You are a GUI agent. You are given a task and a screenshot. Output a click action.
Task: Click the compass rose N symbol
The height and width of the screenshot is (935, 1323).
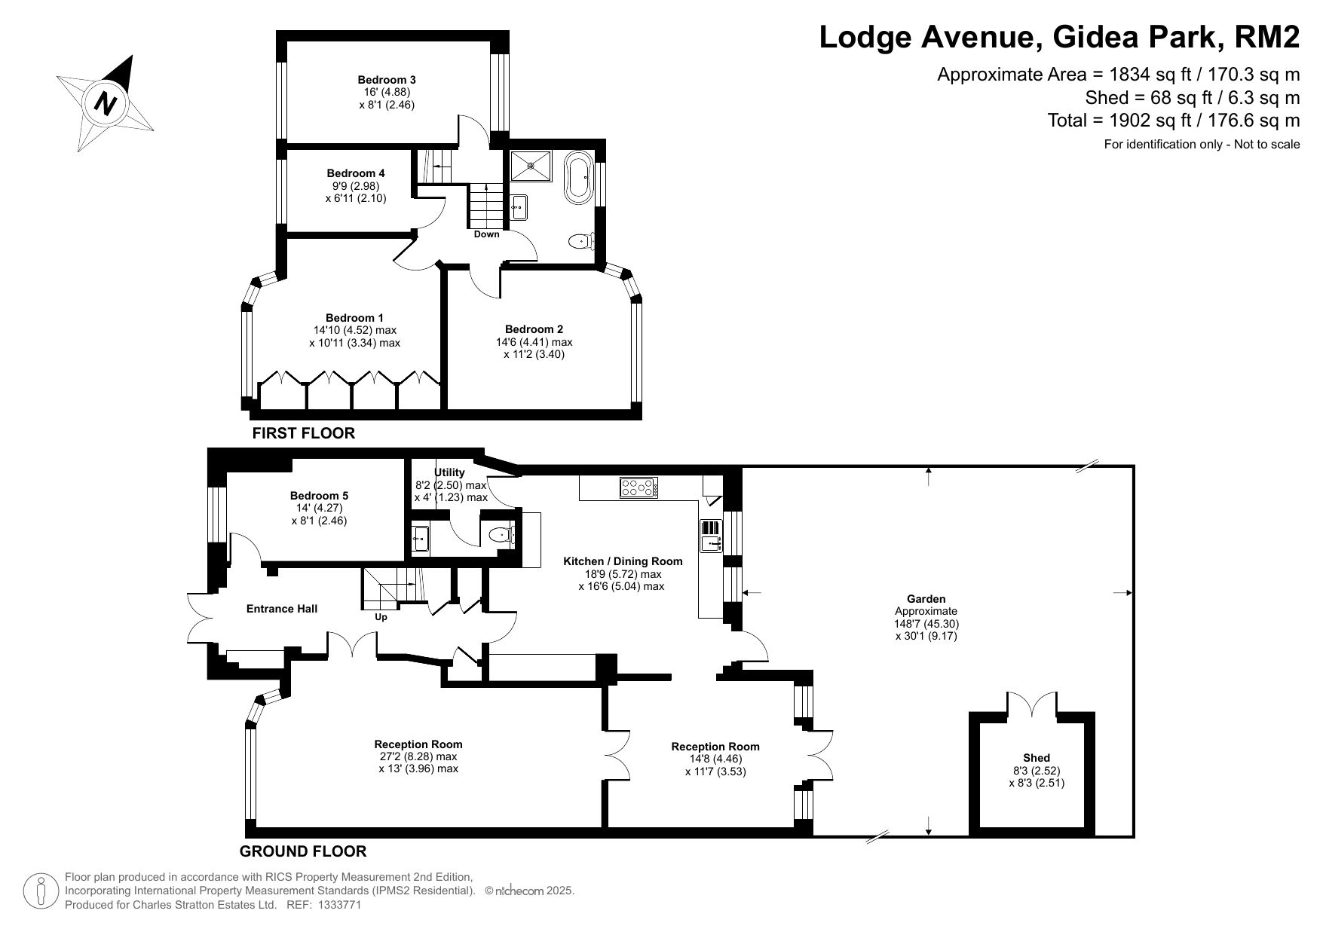106,103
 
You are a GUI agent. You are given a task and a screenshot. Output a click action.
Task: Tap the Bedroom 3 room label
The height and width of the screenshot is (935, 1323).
387,80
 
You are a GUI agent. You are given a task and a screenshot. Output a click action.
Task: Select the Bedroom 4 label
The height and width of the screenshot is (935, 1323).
356,173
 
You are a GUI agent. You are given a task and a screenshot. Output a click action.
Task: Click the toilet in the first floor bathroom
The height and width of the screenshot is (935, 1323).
582,241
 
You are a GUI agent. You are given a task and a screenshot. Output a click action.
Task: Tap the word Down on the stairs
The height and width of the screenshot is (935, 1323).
487,234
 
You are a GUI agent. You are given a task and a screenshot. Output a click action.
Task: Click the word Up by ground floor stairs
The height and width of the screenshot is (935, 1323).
381,617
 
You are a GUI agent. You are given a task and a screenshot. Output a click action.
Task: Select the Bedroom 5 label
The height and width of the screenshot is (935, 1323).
319,496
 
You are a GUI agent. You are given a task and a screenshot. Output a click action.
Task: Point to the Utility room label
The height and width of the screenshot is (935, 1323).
450,472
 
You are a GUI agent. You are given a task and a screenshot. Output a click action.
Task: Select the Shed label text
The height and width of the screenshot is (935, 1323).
1037,758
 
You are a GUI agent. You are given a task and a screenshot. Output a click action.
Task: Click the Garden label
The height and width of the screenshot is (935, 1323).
926,599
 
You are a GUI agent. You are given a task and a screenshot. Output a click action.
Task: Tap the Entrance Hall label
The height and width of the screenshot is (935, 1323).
282,609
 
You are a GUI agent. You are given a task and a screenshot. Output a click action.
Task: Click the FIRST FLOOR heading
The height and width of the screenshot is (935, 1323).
303,433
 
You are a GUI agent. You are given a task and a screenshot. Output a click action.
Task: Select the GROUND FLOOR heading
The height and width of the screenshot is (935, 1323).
303,851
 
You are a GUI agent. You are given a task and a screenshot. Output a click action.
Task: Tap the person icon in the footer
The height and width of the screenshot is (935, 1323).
41,892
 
